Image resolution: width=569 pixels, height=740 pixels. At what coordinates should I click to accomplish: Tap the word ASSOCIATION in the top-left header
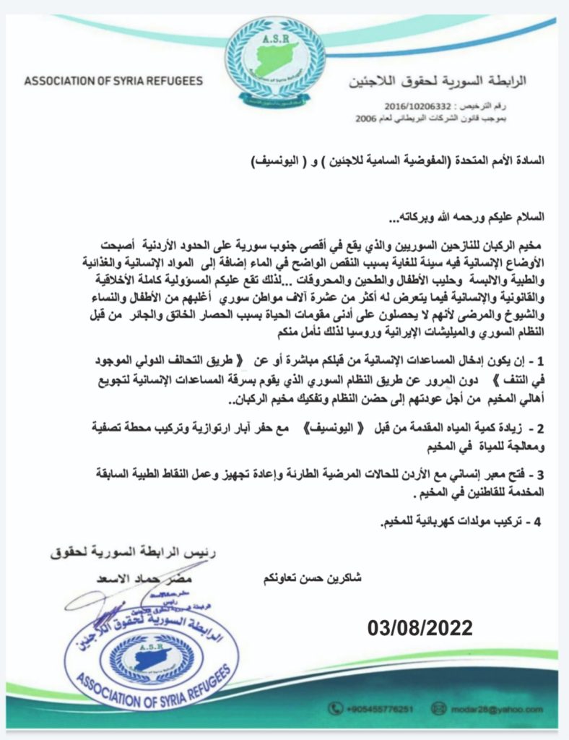[x=63, y=81]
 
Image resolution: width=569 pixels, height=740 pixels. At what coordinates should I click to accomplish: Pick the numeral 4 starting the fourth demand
[x=537, y=522]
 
